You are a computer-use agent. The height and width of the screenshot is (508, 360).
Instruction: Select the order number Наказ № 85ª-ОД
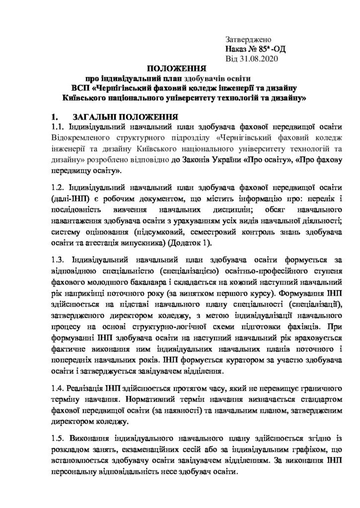coord(256,49)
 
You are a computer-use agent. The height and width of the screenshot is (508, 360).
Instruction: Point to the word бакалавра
coord(119,281)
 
